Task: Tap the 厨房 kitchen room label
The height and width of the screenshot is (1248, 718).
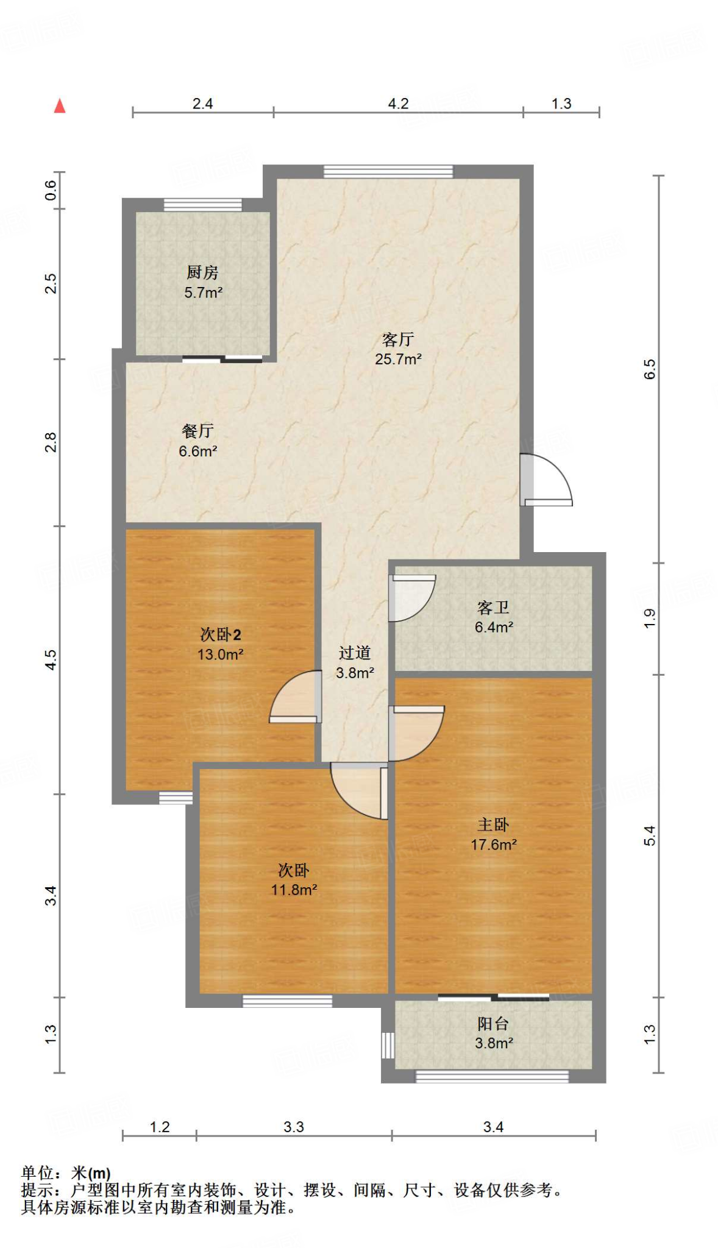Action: [202, 272]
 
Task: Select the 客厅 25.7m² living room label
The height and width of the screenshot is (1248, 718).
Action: [398, 349]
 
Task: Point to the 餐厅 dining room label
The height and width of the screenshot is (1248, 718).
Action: [197, 431]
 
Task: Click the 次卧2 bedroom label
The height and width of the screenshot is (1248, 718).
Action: [221, 634]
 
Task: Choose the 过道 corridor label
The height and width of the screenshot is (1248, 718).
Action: [355, 653]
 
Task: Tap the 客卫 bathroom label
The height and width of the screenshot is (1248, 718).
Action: [493, 608]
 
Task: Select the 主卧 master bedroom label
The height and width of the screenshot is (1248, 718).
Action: [493, 824]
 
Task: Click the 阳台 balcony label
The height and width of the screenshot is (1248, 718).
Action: [493, 1024]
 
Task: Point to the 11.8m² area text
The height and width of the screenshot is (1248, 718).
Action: [294, 890]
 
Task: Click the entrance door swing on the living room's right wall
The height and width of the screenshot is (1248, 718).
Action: [546, 480]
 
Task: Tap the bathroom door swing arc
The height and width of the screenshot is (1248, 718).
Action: [412, 598]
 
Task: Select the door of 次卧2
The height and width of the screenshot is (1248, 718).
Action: [296, 697]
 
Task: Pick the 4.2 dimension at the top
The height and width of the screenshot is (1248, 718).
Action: [398, 104]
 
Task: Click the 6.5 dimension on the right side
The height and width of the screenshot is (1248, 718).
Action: [650, 369]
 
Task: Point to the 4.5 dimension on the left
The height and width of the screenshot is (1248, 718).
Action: [51, 660]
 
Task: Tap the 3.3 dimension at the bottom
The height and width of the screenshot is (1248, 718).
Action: [294, 1127]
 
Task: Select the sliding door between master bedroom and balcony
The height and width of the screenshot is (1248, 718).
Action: [494, 998]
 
